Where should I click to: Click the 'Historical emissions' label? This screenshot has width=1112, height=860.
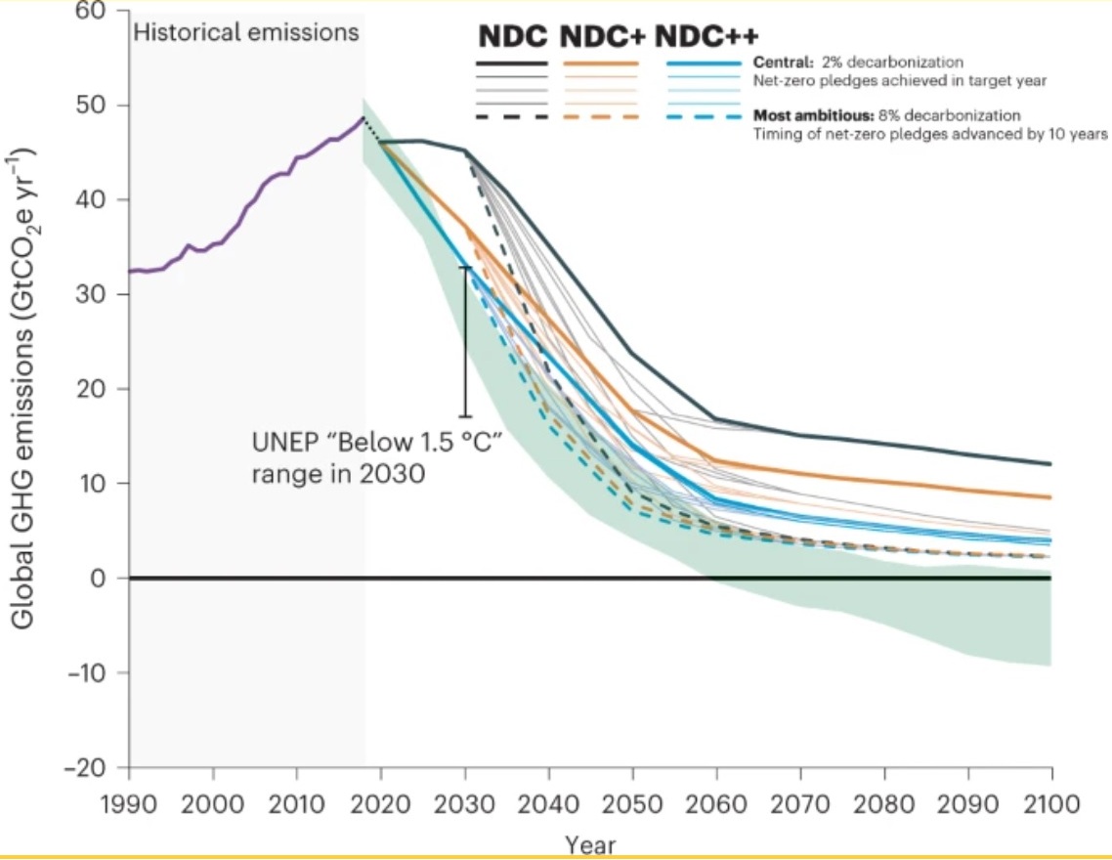click(x=246, y=32)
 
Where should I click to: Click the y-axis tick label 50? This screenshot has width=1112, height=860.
click(x=101, y=106)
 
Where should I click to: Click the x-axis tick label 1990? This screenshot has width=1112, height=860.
click(x=128, y=804)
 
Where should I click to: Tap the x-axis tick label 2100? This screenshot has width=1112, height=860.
click(x=1051, y=804)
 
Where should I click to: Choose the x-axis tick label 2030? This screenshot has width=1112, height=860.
click(x=465, y=804)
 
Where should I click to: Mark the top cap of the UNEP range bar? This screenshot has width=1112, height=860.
click(x=465, y=267)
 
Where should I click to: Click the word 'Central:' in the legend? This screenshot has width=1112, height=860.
click(x=780, y=64)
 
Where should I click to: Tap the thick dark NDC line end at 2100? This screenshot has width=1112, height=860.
click(x=1050, y=463)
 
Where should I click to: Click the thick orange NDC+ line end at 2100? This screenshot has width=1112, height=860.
click(x=1050, y=497)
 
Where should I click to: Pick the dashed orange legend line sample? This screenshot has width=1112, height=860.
click(x=601, y=117)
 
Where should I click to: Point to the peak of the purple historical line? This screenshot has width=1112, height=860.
click(x=363, y=118)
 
